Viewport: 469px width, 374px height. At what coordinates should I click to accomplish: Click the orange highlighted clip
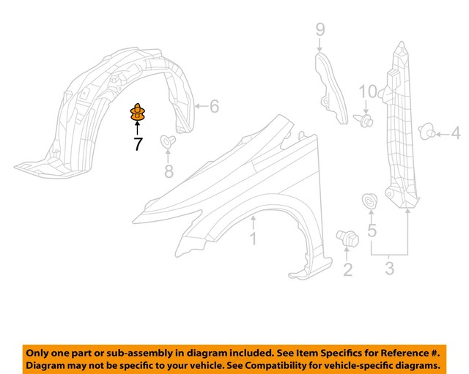tap(137, 113)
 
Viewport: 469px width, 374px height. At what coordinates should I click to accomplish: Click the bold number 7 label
tap(138, 143)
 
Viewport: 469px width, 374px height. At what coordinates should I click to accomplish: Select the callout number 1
tap(253, 239)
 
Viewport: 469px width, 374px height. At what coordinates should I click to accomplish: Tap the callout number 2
tap(347, 270)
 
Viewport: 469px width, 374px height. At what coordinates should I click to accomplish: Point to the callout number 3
tap(389, 269)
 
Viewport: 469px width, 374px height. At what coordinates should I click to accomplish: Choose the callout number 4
tap(454, 133)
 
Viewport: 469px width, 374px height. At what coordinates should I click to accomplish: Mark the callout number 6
tap(213, 107)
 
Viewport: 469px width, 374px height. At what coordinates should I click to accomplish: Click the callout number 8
tap(169, 172)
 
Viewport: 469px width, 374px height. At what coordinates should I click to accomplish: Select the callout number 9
tap(320, 29)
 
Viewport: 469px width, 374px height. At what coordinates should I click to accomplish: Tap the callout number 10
tap(369, 91)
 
